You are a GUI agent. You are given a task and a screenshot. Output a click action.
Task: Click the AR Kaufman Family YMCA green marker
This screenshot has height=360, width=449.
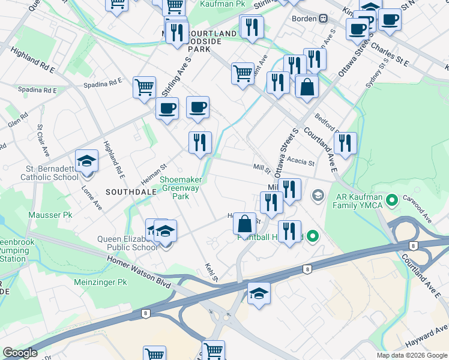click(393, 200)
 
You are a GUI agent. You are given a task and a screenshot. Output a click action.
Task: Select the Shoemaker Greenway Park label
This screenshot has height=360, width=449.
click(181, 188)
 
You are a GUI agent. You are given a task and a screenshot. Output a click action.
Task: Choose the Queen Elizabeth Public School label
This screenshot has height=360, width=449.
click(127, 243)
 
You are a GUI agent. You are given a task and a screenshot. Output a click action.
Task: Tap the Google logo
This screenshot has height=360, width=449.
click(20, 353)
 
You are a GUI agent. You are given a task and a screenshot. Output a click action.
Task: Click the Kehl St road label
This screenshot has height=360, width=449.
click(211, 272)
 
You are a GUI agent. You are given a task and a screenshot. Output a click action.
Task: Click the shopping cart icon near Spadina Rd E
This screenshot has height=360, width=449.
click(145, 88)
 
